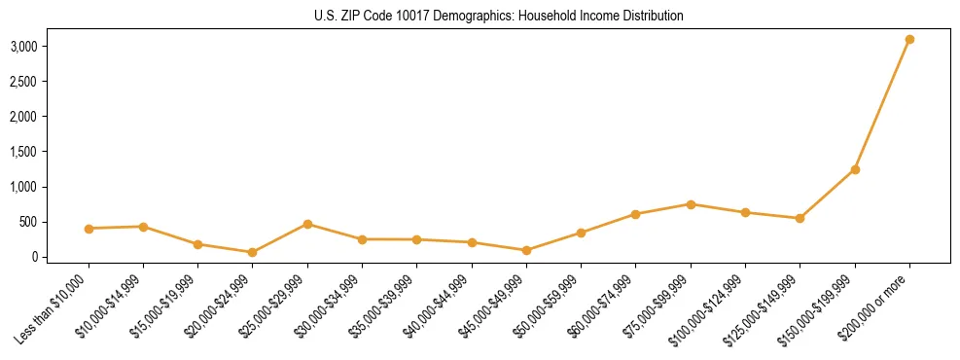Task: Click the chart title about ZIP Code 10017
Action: tap(498, 16)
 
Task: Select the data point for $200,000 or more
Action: tap(909, 39)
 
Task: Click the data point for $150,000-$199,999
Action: tap(855, 169)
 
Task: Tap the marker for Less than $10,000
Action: tap(89, 229)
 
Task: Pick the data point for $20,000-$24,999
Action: tap(253, 252)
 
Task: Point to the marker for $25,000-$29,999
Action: tap(307, 224)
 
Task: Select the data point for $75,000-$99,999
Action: tap(691, 204)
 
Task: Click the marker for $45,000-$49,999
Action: tap(526, 250)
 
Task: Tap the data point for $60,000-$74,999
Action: tap(636, 214)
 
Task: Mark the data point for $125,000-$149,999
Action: tap(800, 218)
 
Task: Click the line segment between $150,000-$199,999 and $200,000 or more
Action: tap(882, 104)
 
